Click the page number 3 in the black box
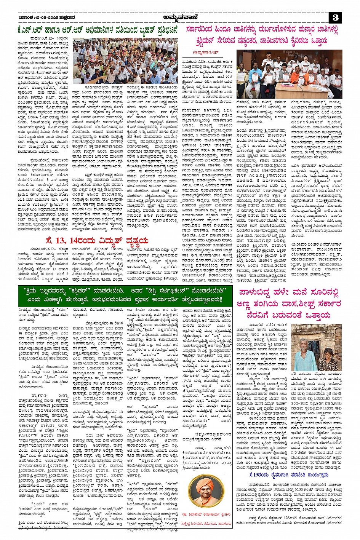(x=335, y=18)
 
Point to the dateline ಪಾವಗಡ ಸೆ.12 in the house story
(x=259, y=325)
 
